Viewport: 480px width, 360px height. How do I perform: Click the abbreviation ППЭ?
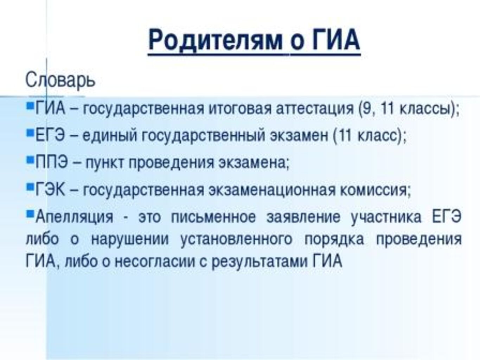(x=51, y=162)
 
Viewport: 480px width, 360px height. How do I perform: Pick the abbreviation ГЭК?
(x=50, y=189)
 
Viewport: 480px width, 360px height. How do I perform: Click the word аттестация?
(x=314, y=109)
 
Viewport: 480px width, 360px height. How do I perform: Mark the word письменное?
(x=213, y=217)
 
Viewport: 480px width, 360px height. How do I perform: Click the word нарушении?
(x=130, y=239)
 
